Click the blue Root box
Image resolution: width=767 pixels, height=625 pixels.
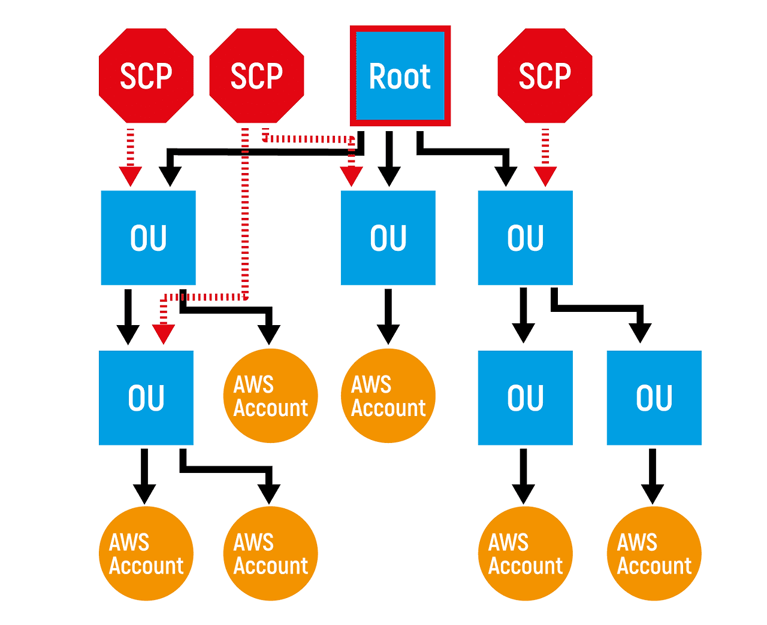400,75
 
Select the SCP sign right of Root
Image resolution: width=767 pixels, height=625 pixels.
545,75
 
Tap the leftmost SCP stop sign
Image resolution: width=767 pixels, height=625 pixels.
146,75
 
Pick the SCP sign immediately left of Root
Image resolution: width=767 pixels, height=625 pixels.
256,75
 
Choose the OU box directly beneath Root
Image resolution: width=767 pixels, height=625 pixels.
388,238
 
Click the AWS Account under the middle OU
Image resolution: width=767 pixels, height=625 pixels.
388,396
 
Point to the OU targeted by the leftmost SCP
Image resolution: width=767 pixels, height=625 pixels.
148,238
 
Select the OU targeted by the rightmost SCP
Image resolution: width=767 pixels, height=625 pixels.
525,238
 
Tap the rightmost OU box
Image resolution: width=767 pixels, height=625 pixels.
654,398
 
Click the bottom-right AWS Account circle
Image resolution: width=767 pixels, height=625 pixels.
654,553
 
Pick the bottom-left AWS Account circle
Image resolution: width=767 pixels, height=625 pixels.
146,553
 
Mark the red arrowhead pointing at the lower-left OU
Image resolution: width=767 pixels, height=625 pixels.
164,334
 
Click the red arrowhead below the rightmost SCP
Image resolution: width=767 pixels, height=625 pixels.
545,177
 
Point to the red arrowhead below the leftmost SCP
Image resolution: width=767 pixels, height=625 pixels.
131,177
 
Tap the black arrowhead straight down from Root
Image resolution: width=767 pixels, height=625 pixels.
389,177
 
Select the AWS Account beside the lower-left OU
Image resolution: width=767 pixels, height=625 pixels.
271,396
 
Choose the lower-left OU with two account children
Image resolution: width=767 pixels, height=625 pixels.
146,398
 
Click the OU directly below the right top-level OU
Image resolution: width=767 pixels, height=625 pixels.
525,398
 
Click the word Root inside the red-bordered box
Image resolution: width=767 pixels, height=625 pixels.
400,77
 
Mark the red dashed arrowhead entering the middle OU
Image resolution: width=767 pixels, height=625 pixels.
352,177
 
